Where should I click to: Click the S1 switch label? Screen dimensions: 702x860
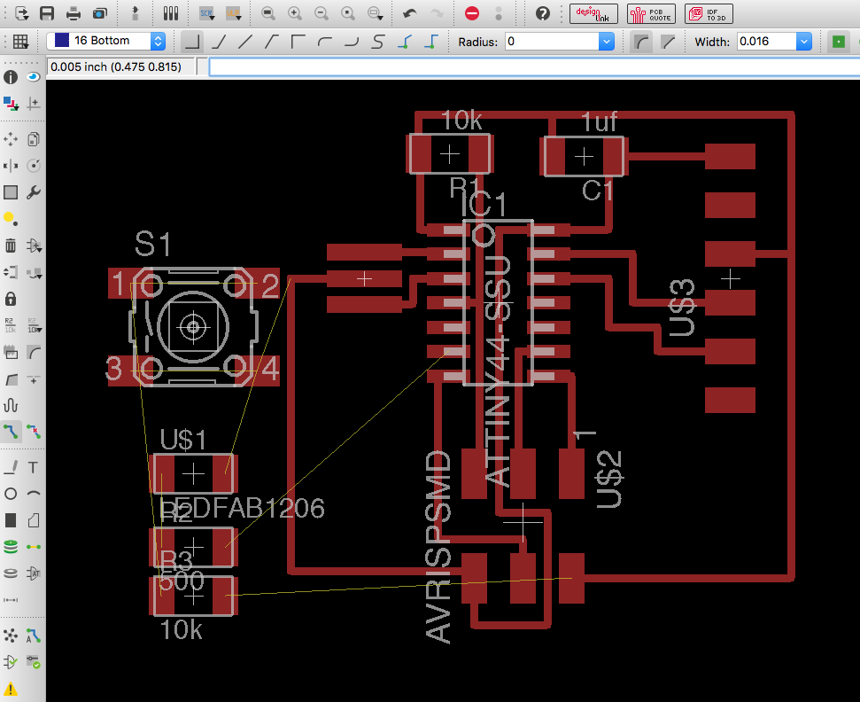coord(153,245)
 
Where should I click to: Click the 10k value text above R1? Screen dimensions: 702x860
coord(461,121)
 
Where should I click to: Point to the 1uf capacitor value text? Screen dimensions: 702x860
coord(600,121)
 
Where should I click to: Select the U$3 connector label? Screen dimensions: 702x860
coord(683,308)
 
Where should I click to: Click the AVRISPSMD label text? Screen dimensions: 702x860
coord(439,546)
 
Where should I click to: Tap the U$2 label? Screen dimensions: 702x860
coord(609,479)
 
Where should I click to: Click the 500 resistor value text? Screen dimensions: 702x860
coord(181,581)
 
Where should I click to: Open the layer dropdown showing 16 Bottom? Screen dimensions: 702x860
coord(107,41)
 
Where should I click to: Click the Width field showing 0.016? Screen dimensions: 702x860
coord(767,42)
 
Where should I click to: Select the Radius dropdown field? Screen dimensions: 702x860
coord(559,42)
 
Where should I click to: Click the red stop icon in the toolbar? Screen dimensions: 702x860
coord(472,13)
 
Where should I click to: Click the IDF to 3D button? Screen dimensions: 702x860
coord(709,13)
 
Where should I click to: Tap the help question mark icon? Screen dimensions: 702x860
coord(543,13)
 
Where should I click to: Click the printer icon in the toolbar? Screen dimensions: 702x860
coord(74,13)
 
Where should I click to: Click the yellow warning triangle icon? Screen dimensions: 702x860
coord(11,689)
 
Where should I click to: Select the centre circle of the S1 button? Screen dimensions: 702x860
coord(192,327)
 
